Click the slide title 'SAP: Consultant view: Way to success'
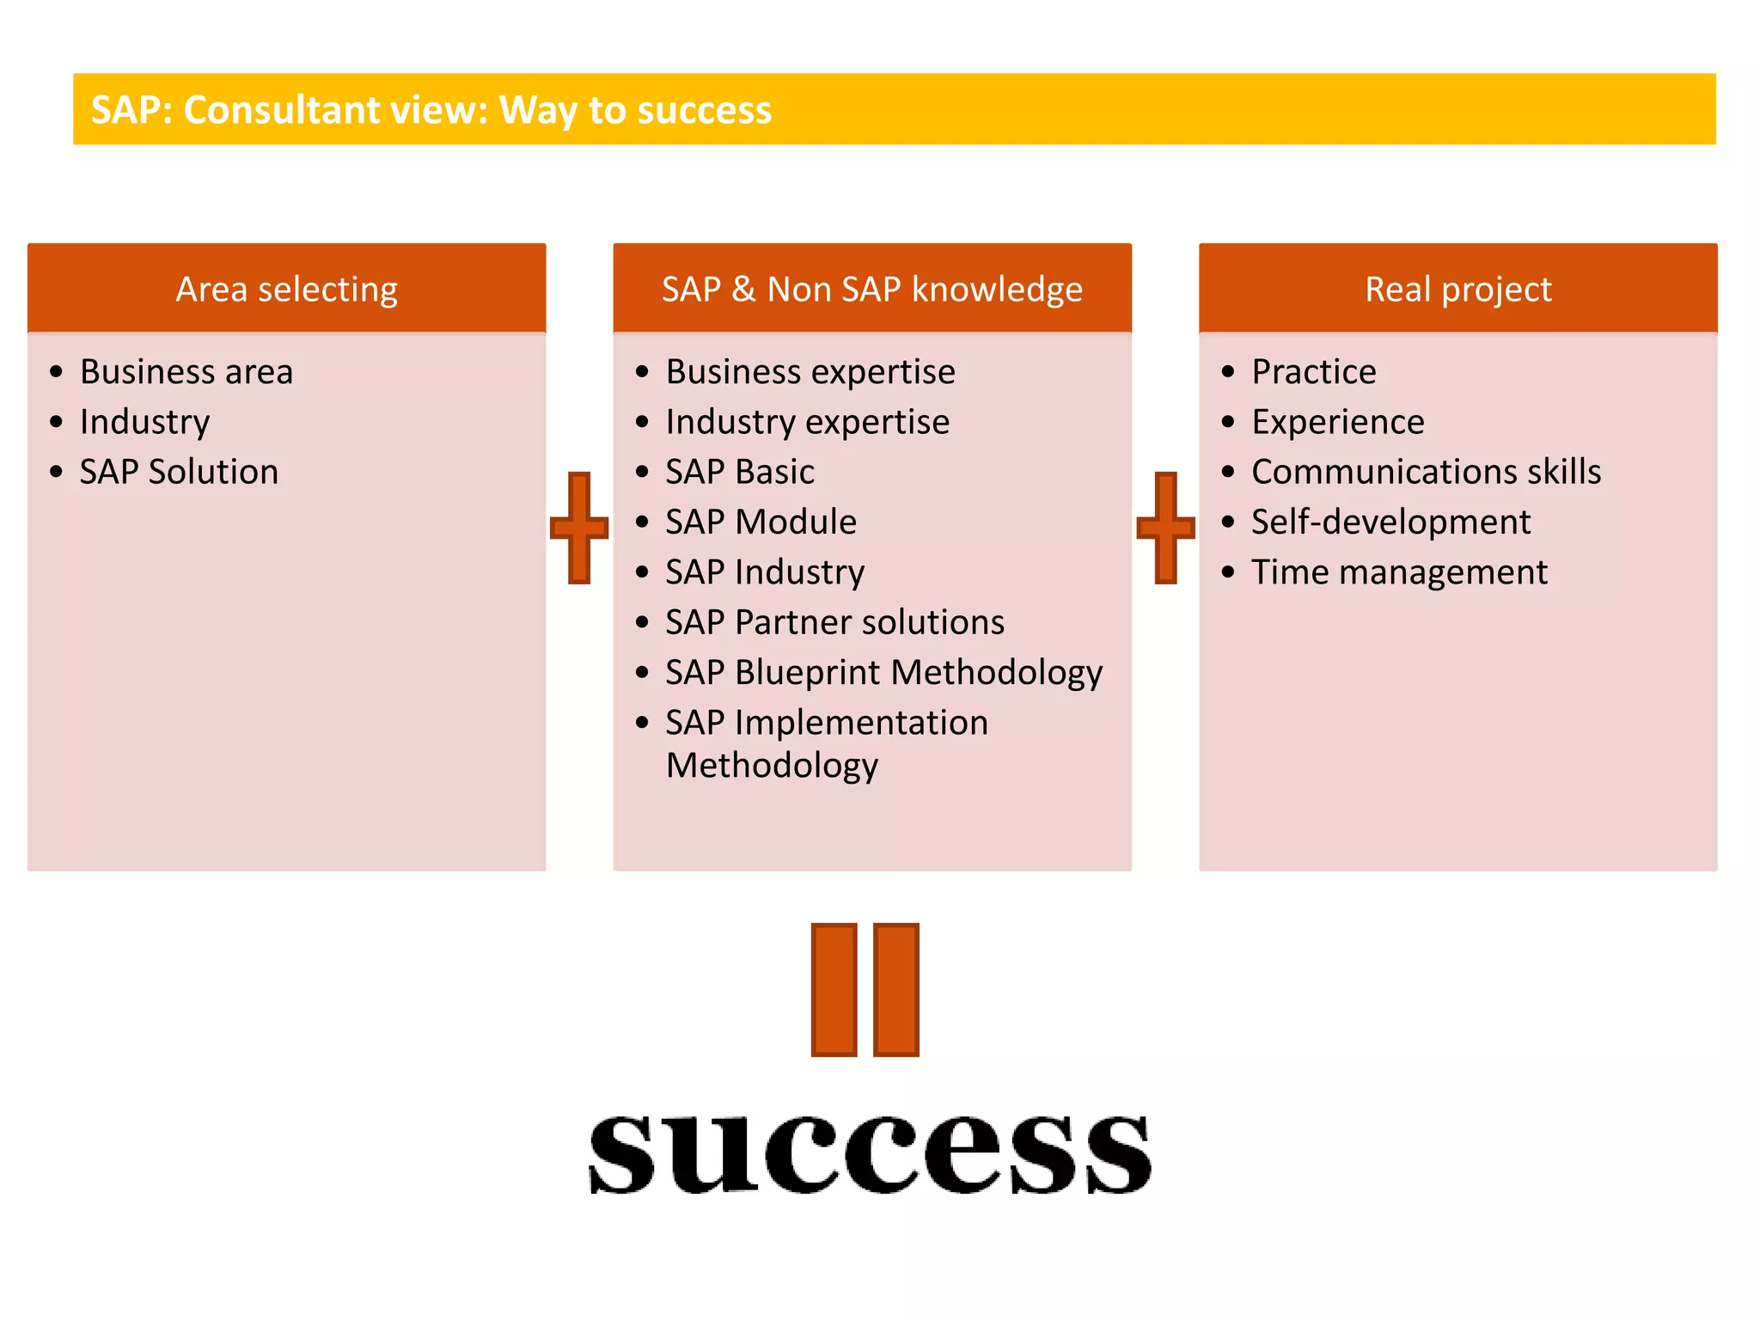[x=431, y=110]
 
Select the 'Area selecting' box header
[x=286, y=289]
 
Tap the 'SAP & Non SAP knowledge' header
[x=871, y=289]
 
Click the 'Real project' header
[x=1457, y=289]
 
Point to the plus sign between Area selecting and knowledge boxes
[x=579, y=527]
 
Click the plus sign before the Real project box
[x=1165, y=527]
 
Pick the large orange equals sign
[x=865, y=989]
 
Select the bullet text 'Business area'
[x=186, y=372]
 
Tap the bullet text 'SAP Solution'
[x=179, y=472]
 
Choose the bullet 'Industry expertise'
[x=807, y=422]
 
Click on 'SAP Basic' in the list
[x=739, y=472]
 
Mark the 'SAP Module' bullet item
[x=761, y=522]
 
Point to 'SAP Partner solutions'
[x=834, y=622]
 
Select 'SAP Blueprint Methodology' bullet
[x=883, y=672]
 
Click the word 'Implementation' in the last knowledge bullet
[x=861, y=722]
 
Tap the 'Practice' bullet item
[x=1313, y=372]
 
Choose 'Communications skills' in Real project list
[x=1426, y=472]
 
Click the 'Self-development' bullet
[x=1390, y=522]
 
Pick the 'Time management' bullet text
[x=1399, y=572]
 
